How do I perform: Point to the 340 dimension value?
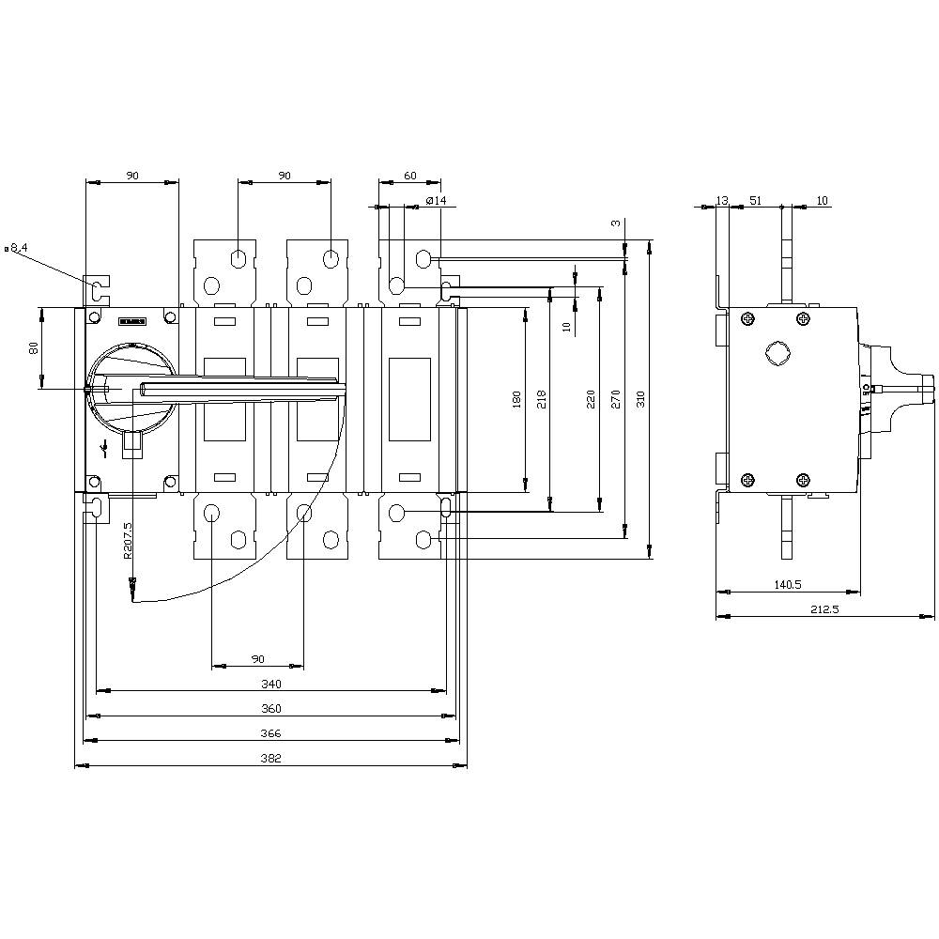click(271, 685)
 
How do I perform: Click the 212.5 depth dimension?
click(825, 609)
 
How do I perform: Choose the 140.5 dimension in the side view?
click(787, 585)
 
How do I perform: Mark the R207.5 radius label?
click(128, 541)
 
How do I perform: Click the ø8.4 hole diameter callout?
click(18, 248)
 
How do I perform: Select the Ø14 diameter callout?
click(436, 201)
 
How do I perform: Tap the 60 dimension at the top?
click(409, 176)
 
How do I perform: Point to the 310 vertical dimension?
click(641, 400)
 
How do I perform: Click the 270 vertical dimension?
click(616, 400)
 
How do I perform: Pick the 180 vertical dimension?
click(516, 401)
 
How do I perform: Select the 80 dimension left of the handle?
click(34, 347)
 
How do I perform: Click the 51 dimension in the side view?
click(755, 201)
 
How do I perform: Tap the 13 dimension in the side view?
click(721, 201)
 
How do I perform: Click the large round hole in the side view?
click(777, 353)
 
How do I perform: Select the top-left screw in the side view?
click(747, 320)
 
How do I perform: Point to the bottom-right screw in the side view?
click(803, 480)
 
